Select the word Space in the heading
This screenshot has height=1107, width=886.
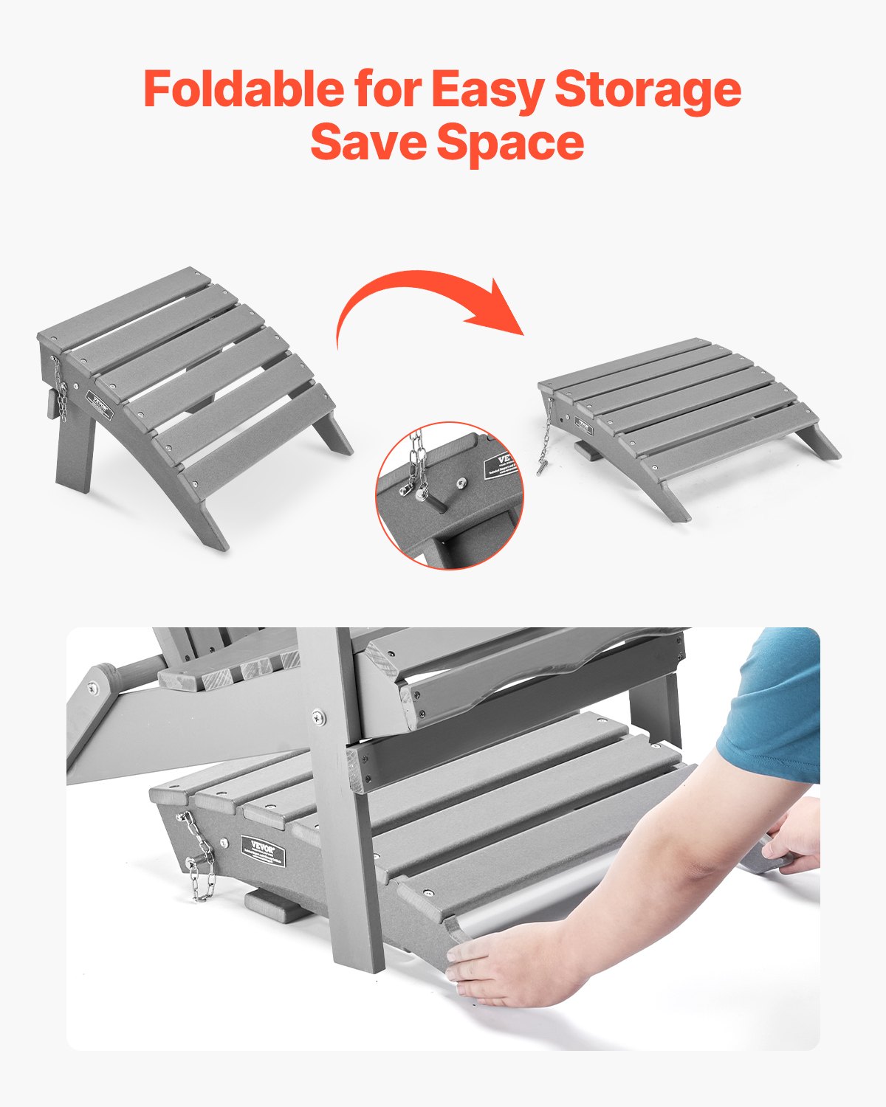tap(511, 143)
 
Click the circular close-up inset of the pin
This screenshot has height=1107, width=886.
tap(449, 494)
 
